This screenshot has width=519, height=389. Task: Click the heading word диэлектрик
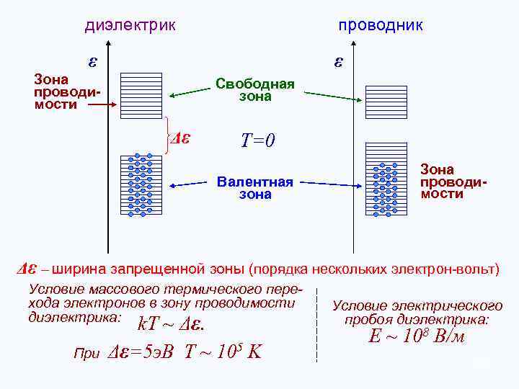coord(130,26)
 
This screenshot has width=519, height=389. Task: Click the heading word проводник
coord(381,26)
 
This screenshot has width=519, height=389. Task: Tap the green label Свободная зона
coord(255,90)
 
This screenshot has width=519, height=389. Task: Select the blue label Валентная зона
coord(255,188)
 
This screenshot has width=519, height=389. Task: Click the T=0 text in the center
coord(257,140)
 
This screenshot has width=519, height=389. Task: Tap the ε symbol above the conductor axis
coord(338,62)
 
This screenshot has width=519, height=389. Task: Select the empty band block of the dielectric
coord(141,94)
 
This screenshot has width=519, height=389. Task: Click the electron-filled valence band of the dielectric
coord(141,186)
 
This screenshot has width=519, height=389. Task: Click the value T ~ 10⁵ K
coord(223,352)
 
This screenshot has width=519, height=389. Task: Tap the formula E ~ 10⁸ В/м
coord(417,336)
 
